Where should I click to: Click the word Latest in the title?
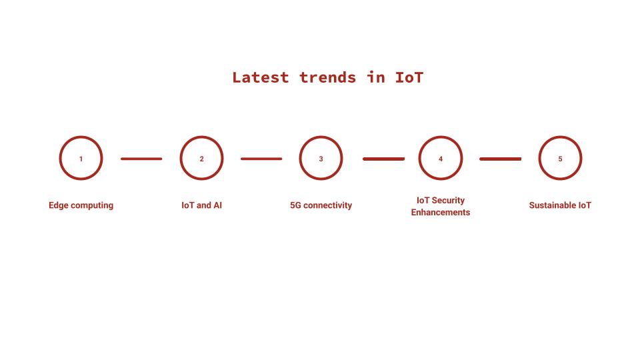pyautogui.click(x=261, y=77)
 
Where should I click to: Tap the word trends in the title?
pyautogui.click(x=328, y=77)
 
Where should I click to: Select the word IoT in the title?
pyautogui.click(x=409, y=77)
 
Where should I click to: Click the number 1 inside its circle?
pyautogui.click(x=81, y=159)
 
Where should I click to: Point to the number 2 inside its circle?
pyautogui.click(x=201, y=159)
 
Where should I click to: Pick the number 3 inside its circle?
pyautogui.click(x=321, y=159)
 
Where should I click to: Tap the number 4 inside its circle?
pyautogui.click(x=441, y=159)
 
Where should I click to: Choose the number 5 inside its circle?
pyautogui.click(x=560, y=159)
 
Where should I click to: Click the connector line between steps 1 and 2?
pyautogui.click(x=141, y=159)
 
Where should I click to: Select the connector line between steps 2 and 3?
pyautogui.click(x=261, y=159)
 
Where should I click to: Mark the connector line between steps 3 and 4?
pyautogui.click(x=384, y=159)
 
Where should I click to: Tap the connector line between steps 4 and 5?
pyautogui.click(x=501, y=159)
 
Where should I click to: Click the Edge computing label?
pyautogui.click(x=81, y=205)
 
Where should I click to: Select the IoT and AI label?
pyautogui.click(x=201, y=205)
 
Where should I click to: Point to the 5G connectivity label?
pyautogui.click(x=321, y=205)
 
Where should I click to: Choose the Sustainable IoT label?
pyautogui.click(x=560, y=205)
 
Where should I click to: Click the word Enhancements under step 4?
pyautogui.click(x=441, y=212)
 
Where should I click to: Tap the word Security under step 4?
pyautogui.click(x=448, y=201)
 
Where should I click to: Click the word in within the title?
pyautogui.click(x=375, y=77)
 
